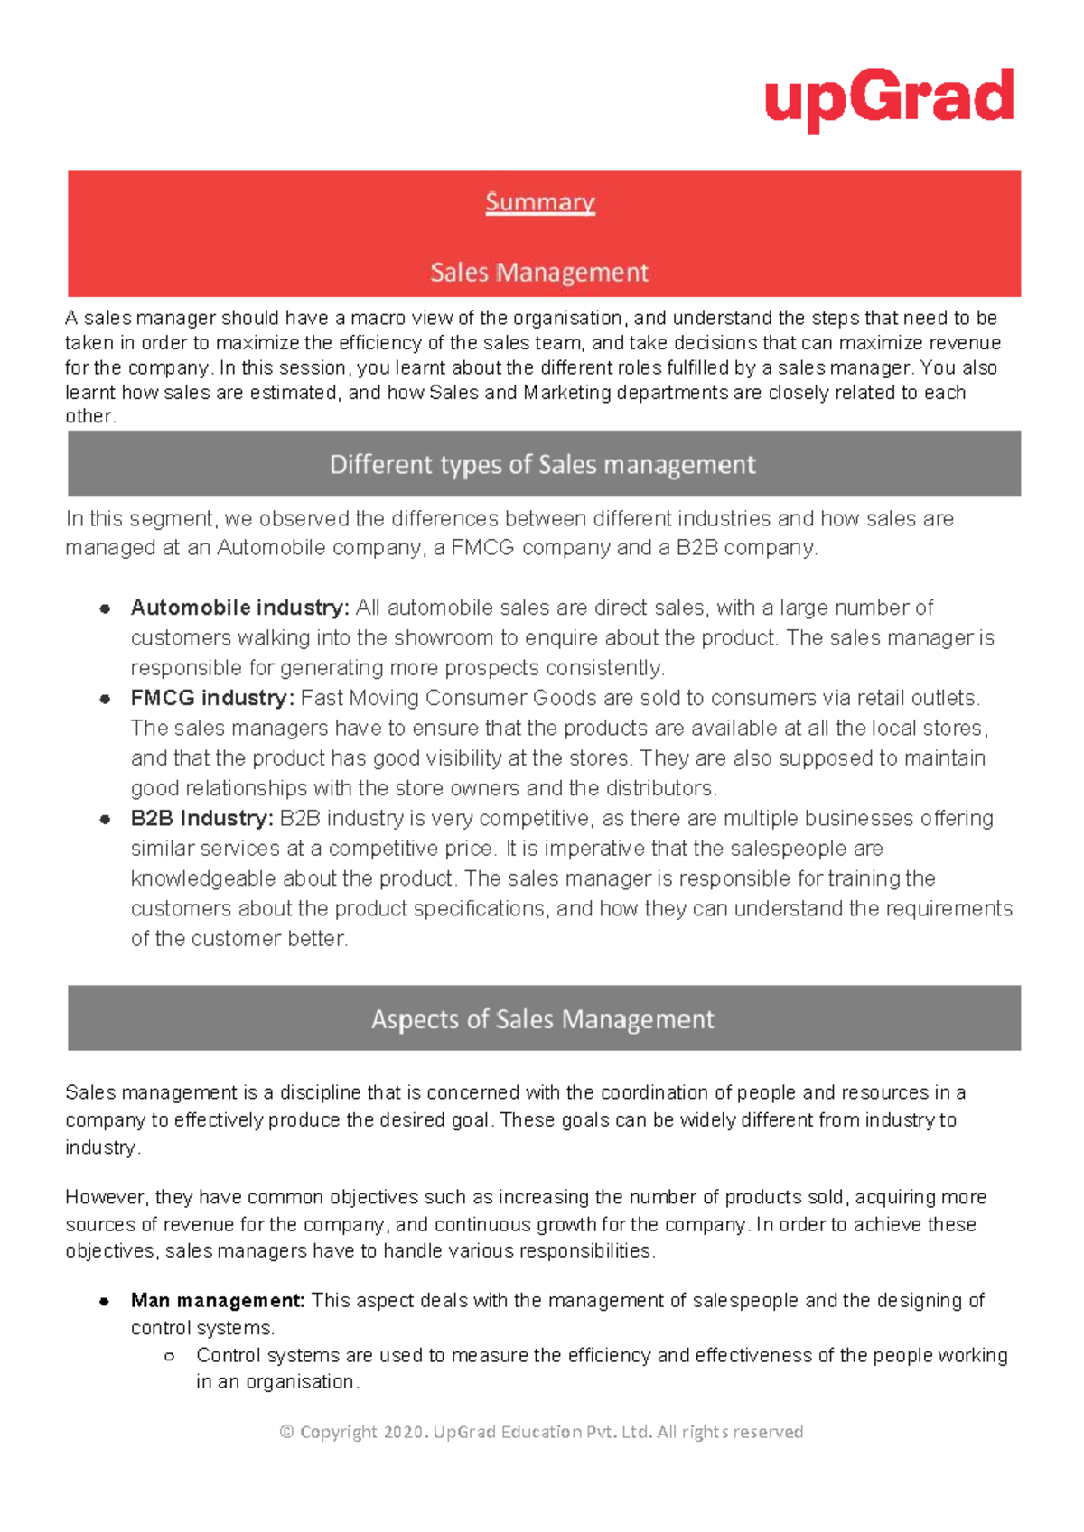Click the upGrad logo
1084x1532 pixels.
tap(889, 97)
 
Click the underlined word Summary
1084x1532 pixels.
tap(540, 202)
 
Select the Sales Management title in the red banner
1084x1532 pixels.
tap(539, 273)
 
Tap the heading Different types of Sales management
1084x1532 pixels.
tap(543, 465)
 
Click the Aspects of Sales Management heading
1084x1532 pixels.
tap(543, 1019)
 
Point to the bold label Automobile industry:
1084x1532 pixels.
tap(239, 608)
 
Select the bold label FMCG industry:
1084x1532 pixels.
tap(212, 698)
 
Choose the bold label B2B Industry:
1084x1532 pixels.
tap(201, 819)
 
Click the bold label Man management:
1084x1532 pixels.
tap(218, 1301)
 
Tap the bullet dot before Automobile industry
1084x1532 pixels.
tap(106, 608)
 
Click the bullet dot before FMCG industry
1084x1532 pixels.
tap(106, 699)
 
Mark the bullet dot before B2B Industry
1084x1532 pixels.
tap(106, 820)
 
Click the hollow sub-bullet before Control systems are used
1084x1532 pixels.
tap(169, 1356)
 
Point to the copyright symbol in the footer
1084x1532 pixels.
tap(287, 1432)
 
